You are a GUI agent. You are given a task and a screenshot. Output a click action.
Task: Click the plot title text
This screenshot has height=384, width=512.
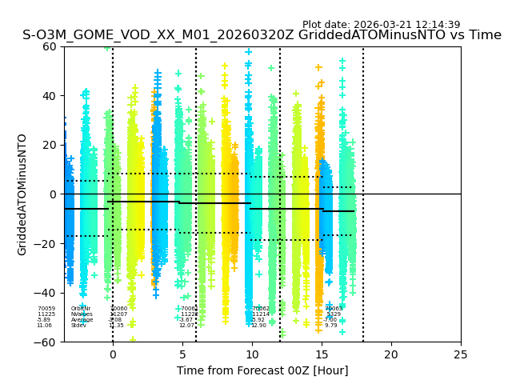pyautogui.click(x=262, y=35)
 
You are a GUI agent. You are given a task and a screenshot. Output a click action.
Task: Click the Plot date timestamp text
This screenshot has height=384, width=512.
pyautogui.click(x=381, y=25)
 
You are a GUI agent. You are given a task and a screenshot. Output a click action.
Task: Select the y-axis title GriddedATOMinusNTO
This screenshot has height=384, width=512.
pyautogui.click(x=22, y=194)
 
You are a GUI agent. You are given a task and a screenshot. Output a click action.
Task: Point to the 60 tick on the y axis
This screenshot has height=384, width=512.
pyautogui.click(x=50, y=46)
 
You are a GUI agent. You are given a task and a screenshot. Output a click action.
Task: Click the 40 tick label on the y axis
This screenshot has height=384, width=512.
pyautogui.click(x=50, y=96)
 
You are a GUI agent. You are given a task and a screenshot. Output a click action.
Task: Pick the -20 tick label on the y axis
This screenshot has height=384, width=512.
pyautogui.click(x=46, y=244)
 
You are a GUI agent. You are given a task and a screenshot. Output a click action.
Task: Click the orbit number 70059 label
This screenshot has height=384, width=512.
pyautogui.click(x=46, y=309)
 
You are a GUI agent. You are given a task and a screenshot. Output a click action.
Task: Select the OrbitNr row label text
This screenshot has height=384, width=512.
pyautogui.click(x=81, y=309)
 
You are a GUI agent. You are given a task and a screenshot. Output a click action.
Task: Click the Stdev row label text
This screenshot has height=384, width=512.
pyautogui.click(x=78, y=326)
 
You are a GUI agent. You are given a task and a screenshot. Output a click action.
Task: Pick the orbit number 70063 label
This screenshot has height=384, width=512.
pyautogui.click(x=334, y=309)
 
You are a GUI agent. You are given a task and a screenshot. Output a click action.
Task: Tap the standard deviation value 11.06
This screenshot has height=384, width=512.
pyautogui.click(x=44, y=326)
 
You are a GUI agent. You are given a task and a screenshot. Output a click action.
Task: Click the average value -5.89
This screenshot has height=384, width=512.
pyautogui.click(x=43, y=320)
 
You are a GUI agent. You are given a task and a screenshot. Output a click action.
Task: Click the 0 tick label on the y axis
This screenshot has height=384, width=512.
pyautogui.click(x=52, y=194)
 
